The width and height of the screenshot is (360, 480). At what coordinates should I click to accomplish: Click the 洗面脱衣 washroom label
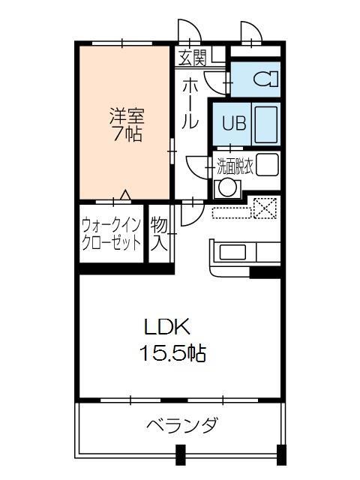tap(235, 166)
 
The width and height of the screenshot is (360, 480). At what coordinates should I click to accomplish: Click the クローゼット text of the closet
tap(111, 243)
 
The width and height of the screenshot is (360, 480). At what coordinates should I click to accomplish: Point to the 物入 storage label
tap(158, 233)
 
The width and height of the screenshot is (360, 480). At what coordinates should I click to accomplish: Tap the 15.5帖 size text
tap(174, 352)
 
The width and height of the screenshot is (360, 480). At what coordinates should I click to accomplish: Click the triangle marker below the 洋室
tap(125, 196)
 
